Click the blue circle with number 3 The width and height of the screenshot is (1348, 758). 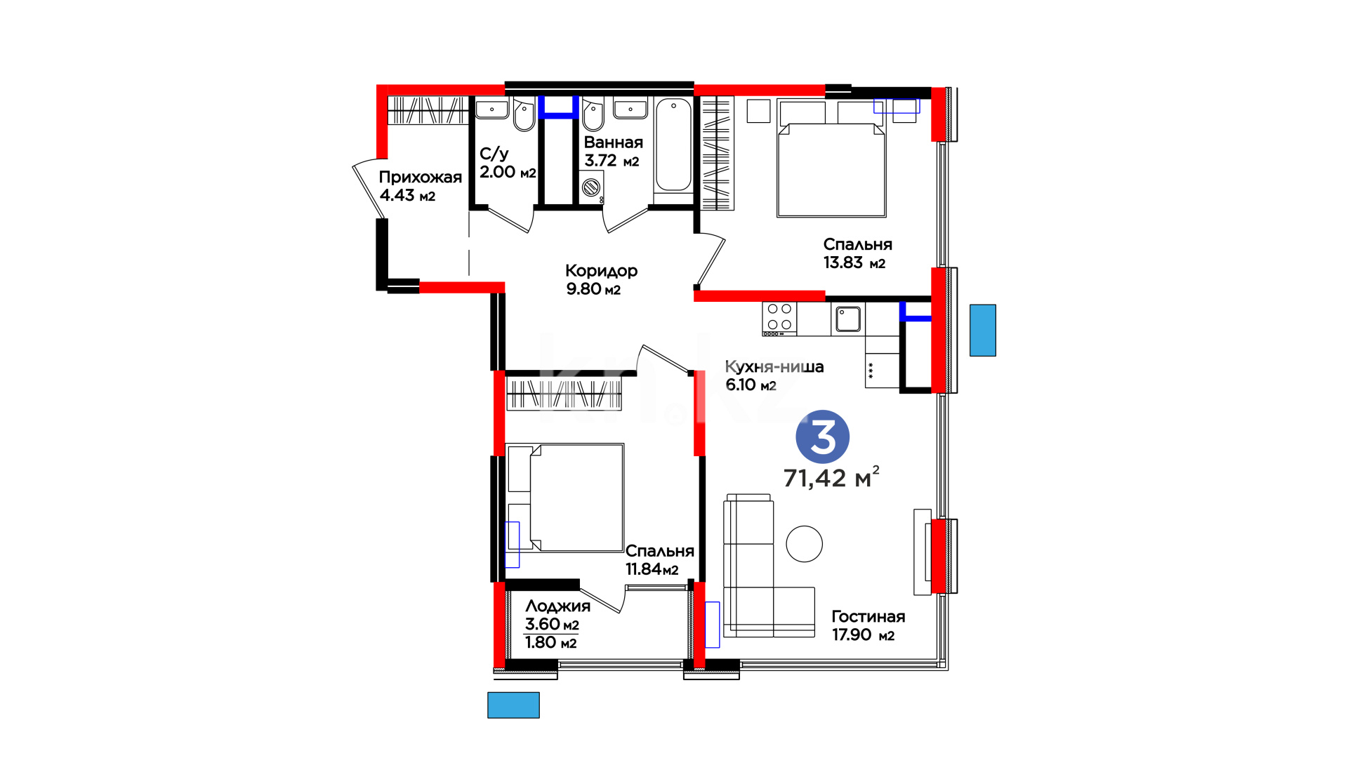[x=822, y=437]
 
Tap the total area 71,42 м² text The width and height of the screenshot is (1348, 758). [x=831, y=477]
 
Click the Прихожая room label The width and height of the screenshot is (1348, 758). [x=420, y=177]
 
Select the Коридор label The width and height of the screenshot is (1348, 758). [x=601, y=270]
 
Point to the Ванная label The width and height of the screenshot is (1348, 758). [x=613, y=142]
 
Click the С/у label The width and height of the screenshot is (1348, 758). [x=494, y=154]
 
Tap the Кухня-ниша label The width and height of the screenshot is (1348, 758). [x=774, y=366]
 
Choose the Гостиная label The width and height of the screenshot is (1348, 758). [x=868, y=616]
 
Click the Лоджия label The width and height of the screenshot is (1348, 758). [x=557, y=606]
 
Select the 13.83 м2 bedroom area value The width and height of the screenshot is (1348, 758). [x=854, y=262]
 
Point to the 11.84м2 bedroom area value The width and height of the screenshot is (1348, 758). [x=652, y=569]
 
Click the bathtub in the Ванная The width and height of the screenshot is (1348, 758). [x=674, y=145]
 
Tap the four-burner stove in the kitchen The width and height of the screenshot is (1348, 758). [x=779, y=318]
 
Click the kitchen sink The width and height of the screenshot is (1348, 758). [x=848, y=319]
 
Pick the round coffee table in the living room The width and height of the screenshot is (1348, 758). [x=804, y=544]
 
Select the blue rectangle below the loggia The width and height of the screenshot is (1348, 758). [x=513, y=705]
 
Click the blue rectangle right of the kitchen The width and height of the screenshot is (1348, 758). [x=983, y=330]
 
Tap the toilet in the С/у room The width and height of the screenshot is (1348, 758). [x=524, y=115]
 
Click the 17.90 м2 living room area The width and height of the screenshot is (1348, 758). [x=864, y=634]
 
